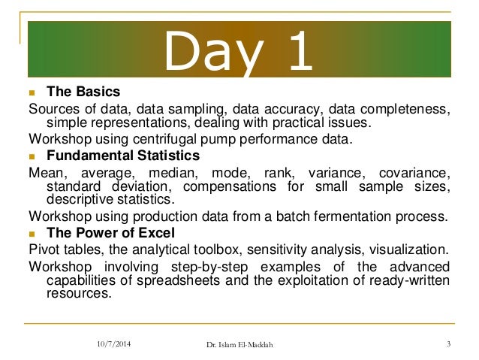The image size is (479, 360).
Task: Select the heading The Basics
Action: (x=83, y=92)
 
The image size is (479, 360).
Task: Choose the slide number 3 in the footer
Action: (x=447, y=344)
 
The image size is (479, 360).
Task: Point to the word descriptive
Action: (x=80, y=199)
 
